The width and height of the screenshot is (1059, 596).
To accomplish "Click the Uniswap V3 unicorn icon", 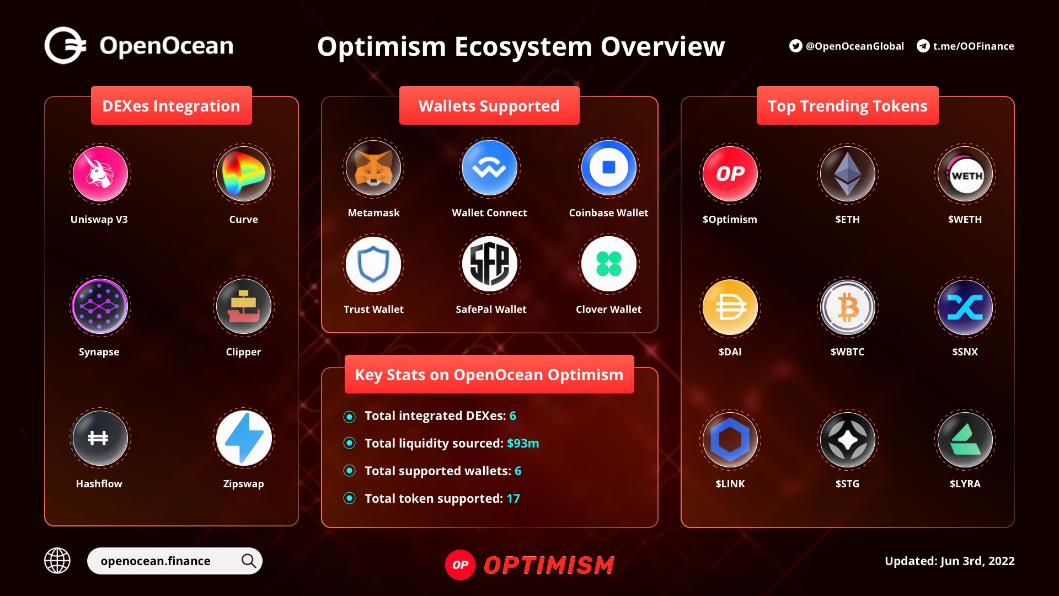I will (x=100, y=174).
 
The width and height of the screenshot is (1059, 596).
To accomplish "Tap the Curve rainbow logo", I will (x=243, y=174).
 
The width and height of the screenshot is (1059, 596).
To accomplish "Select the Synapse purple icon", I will (x=99, y=306).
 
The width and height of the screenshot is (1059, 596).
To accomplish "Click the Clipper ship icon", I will (x=243, y=306).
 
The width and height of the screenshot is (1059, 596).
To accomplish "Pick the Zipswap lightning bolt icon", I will (x=243, y=439).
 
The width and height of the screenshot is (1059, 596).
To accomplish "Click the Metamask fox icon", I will (x=373, y=168).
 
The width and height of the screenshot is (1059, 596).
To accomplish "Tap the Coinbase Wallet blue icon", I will (x=608, y=168).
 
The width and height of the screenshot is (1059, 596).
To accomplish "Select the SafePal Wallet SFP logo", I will (x=490, y=264).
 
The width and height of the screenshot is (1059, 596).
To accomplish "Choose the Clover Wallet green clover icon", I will (x=608, y=264).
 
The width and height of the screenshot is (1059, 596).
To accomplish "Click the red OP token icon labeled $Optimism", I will (x=730, y=174).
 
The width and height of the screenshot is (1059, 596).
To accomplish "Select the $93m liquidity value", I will (x=522, y=443).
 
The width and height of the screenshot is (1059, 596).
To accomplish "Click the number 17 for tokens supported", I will (x=513, y=498).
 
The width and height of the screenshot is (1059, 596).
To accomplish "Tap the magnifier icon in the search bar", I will (x=249, y=561).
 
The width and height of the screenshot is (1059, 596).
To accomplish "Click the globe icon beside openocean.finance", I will (x=57, y=561).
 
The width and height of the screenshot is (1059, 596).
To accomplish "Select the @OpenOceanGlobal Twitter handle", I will (x=854, y=46).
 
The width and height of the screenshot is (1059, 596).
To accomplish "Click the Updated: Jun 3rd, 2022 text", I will (x=949, y=561).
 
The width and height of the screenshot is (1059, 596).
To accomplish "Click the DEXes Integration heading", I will (x=171, y=105).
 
